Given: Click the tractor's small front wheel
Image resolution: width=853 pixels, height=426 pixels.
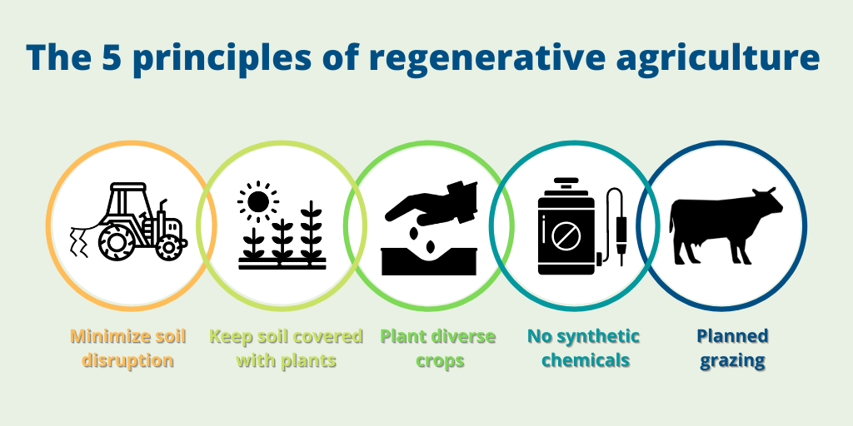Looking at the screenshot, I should (168, 246).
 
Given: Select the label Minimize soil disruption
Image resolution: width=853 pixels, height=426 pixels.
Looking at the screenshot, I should (128, 349).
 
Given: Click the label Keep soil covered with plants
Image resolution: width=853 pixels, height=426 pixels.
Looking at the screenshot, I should (286, 349).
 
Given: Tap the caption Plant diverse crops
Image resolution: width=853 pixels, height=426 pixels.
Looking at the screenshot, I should (437, 349).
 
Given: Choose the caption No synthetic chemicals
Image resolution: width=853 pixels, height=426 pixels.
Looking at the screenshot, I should (583, 349).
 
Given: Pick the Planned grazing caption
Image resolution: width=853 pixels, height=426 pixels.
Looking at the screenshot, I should (732, 349).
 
